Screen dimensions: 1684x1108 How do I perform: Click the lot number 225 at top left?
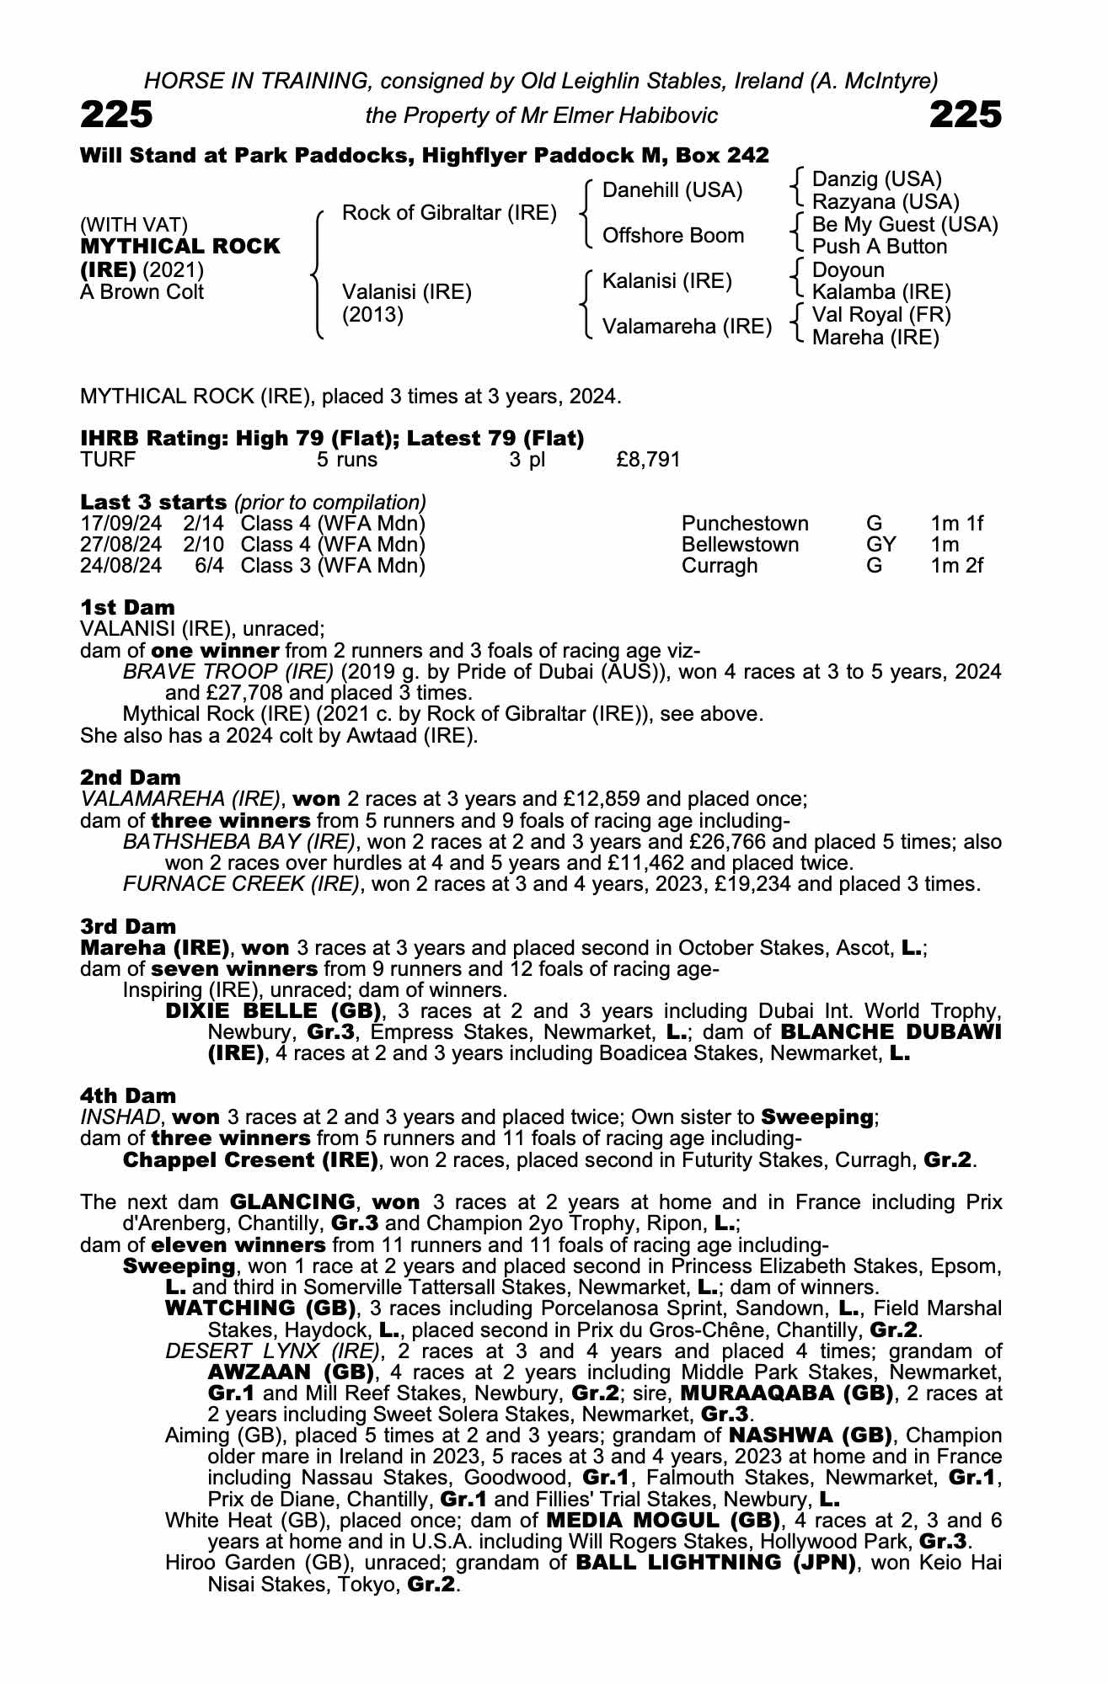[x=116, y=115]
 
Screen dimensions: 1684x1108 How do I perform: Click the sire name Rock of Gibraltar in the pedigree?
[x=449, y=213]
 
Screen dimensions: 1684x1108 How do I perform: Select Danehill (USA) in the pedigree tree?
[x=672, y=190]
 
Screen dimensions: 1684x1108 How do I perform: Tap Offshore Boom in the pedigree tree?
[x=672, y=236]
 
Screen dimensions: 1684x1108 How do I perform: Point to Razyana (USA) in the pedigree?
[x=886, y=202]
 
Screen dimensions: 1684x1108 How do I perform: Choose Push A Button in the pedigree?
[x=880, y=247]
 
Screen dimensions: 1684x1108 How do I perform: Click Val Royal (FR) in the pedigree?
[x=881, y=315]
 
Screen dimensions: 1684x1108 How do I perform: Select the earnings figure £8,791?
[x=648, y=460]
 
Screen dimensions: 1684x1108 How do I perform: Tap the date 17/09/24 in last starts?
[x=121, y=524]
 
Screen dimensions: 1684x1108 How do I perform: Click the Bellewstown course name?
[x=740, y=545]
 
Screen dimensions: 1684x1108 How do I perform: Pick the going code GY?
[x=881, y=545]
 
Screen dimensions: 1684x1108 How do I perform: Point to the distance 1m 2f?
[x=957, y=566]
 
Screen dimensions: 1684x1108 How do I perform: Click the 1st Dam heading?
[x=127, y=607]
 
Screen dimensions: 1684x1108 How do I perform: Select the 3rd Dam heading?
[x=128, y=927]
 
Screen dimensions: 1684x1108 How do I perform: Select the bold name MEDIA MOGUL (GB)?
[x=662, y=1520]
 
